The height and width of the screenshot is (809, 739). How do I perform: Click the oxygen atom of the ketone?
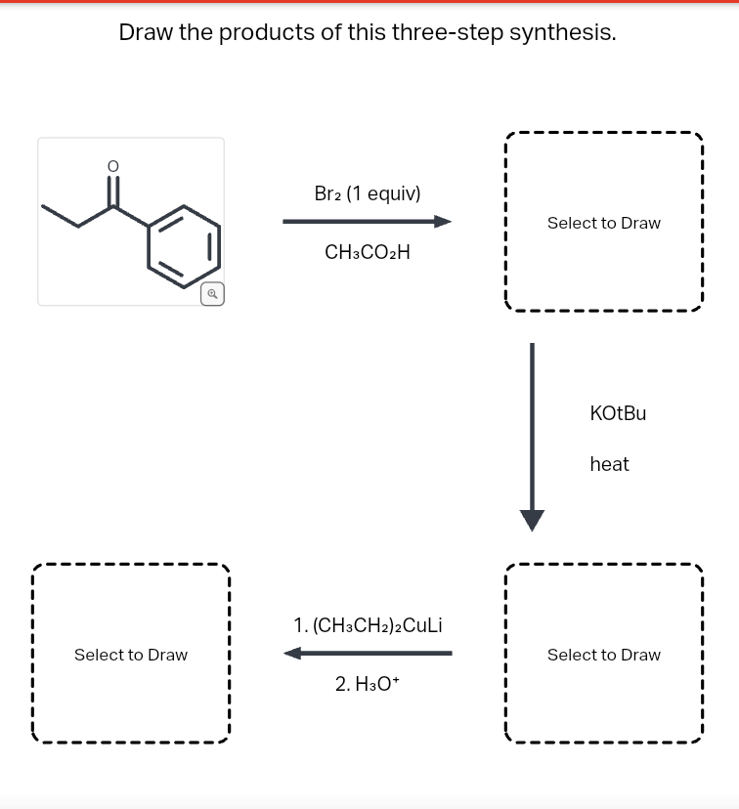[113, 167]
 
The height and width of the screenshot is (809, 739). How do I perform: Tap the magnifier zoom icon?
[212, 293]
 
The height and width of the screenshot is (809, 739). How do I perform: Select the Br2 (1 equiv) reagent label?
[368, 193]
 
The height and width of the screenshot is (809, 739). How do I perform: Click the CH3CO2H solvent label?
[368, 252]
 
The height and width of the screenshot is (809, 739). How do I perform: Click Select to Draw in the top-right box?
[603, 223]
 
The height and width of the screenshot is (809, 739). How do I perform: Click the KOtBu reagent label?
[618, 413]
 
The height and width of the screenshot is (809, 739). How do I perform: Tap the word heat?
[609, 465]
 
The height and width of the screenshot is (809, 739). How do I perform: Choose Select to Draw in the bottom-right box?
[603, 655]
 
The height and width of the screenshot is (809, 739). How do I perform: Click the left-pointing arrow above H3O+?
[368, 653]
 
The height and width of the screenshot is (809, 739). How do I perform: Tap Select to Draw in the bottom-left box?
[131, 655]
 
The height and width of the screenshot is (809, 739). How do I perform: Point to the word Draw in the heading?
[145, 32]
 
